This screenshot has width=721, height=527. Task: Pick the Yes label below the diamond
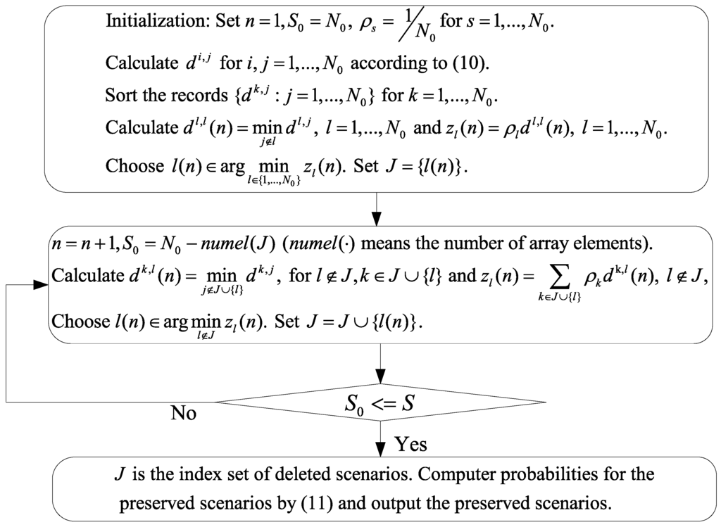click(410, 443)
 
